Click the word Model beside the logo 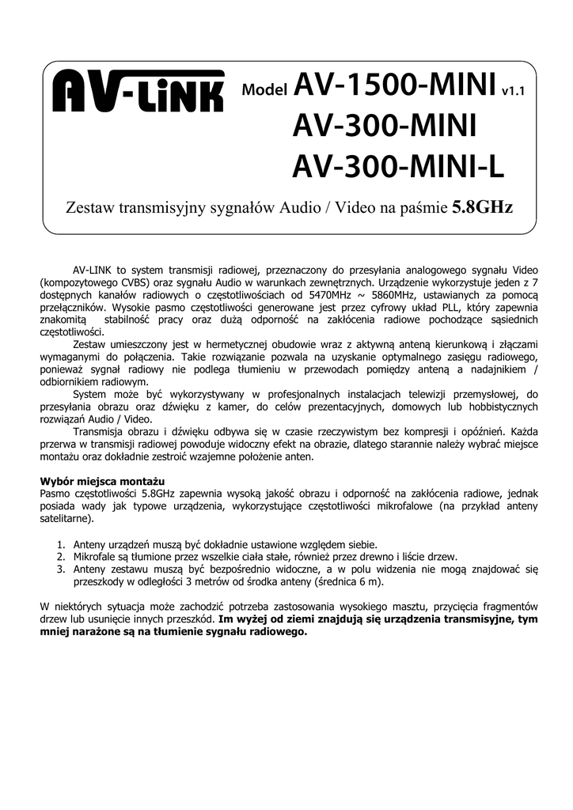264,91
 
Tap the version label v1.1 514,91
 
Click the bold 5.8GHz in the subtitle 481,208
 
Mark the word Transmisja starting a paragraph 100,431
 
